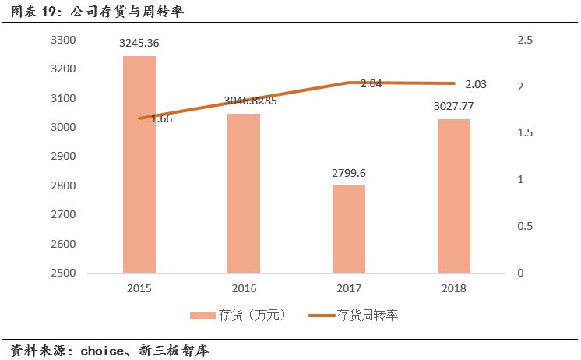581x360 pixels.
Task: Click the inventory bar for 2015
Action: tap(139, 164)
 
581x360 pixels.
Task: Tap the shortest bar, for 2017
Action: tap(348, 229)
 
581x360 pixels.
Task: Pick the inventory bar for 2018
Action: tap(453, 196)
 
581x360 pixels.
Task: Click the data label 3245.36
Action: tap(139, 44)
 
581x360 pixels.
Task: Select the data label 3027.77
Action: tap(453, 106)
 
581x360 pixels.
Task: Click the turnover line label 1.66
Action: tap(161, 119)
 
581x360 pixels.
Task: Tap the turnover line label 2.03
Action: tap(477, 83)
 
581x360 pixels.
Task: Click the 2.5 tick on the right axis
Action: tap(526, 40)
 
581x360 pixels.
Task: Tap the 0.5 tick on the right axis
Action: tap(526, 226)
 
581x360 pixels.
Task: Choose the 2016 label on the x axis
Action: tap(243, 288)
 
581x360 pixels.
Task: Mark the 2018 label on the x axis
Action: tap(453, 288)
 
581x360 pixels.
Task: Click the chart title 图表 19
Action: tap(31, 12)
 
